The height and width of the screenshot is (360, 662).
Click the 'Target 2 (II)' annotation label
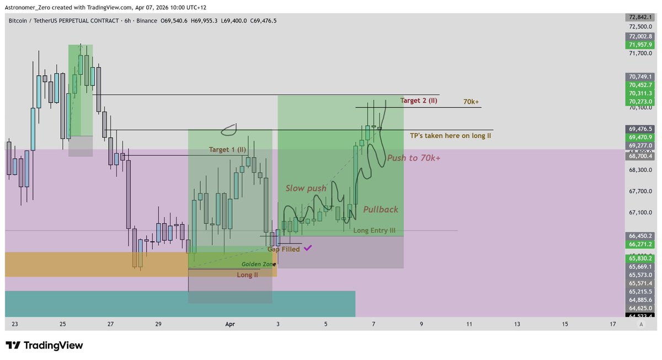(x=419, y=100)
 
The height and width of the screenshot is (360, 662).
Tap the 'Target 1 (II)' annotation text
(x=227, y=149)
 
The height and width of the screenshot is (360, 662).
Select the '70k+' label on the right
(x=471, y=102)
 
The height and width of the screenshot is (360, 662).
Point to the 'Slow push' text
(x=306, y=188)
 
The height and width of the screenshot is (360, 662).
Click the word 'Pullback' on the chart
(x=380, y=209)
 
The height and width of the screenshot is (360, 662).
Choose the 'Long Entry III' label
(x=374, y=230)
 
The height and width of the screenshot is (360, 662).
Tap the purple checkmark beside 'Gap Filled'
(x=307, y=248)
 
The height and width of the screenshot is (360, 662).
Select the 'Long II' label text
(x=247, y=275)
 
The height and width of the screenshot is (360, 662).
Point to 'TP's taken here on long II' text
(x=450, y=136)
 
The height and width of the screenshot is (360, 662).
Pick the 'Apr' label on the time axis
(x=230, y=325)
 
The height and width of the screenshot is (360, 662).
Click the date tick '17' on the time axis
(x=613, y=325)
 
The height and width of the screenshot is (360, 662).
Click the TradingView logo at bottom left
(x=44, y=346)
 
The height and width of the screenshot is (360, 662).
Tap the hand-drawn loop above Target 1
(x=229, y=130)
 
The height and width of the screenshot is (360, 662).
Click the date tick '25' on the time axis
(x=62, y=325)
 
